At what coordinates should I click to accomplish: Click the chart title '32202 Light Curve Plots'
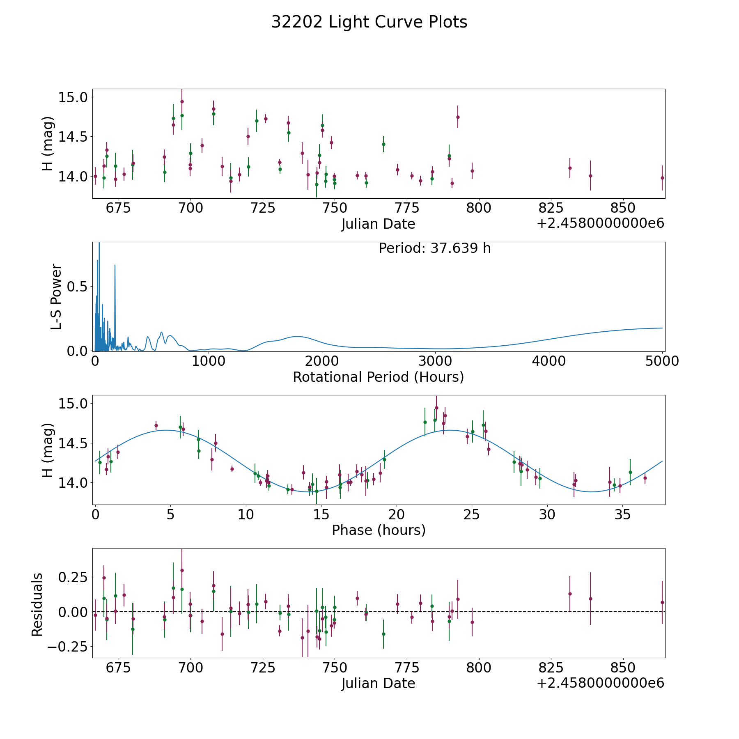click(369, 22)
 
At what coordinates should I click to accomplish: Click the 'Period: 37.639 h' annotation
click(434, 248)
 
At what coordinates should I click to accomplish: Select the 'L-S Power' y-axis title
click(56, 296)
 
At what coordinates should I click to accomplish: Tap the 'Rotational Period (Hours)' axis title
click(378, 377)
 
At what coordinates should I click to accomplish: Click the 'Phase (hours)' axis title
click(378, 530)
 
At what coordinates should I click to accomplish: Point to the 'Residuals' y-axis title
click(37, 604)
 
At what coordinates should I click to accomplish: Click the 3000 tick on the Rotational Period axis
click(435, 361)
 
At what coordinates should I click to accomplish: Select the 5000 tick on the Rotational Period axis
click(662, 361)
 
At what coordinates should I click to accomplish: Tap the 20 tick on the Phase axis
click(397, 514)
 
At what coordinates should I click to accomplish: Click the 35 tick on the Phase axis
click(622, 514)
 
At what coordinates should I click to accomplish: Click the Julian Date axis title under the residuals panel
click(378, 683)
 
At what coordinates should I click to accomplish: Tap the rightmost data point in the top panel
click(662, 178)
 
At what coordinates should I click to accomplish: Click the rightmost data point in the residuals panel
click(662, 602)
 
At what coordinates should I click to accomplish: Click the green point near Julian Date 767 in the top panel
click(383, 144)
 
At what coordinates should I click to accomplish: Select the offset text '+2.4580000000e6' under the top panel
click(600, 224)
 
